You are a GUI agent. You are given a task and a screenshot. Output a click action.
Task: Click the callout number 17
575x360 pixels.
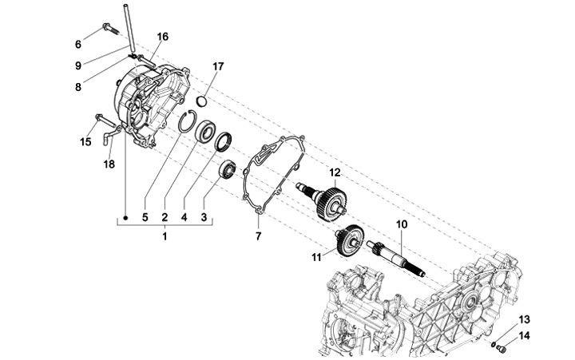click(x=218, y=67)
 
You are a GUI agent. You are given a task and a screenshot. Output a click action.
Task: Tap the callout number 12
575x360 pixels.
click(x=335, y=172)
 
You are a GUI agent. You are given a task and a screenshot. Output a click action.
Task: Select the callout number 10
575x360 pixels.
click(x=402, y=224)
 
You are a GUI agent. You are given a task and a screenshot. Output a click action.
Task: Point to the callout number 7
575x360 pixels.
click(x=259, y=236)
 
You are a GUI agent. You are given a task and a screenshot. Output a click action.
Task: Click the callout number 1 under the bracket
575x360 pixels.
click(x=165, y=236)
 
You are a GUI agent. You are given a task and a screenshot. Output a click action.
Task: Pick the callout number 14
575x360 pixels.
click(x=525, y=335)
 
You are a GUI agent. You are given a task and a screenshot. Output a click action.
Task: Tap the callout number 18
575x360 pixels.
click(x=109, y=164)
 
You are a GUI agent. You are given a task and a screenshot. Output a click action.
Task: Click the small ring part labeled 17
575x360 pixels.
click(x=202, y=101)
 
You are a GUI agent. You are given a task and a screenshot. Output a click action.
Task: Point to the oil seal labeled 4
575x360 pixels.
click(x=224, y=142)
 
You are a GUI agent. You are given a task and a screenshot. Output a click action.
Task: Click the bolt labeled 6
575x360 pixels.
click(x=109, y=29)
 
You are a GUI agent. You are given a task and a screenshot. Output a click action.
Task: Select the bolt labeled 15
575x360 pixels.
click(x=105, y=120)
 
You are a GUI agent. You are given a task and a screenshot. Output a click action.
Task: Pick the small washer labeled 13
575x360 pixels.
click(x=494, y=344)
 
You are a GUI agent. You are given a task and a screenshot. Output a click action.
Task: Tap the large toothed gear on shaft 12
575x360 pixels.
click(x=331, y=204)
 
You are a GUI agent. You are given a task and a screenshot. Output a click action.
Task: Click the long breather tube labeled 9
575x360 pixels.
click(x=129, y=27)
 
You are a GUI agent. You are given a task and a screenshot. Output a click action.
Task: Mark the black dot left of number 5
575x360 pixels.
click(x=125, y=218)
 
